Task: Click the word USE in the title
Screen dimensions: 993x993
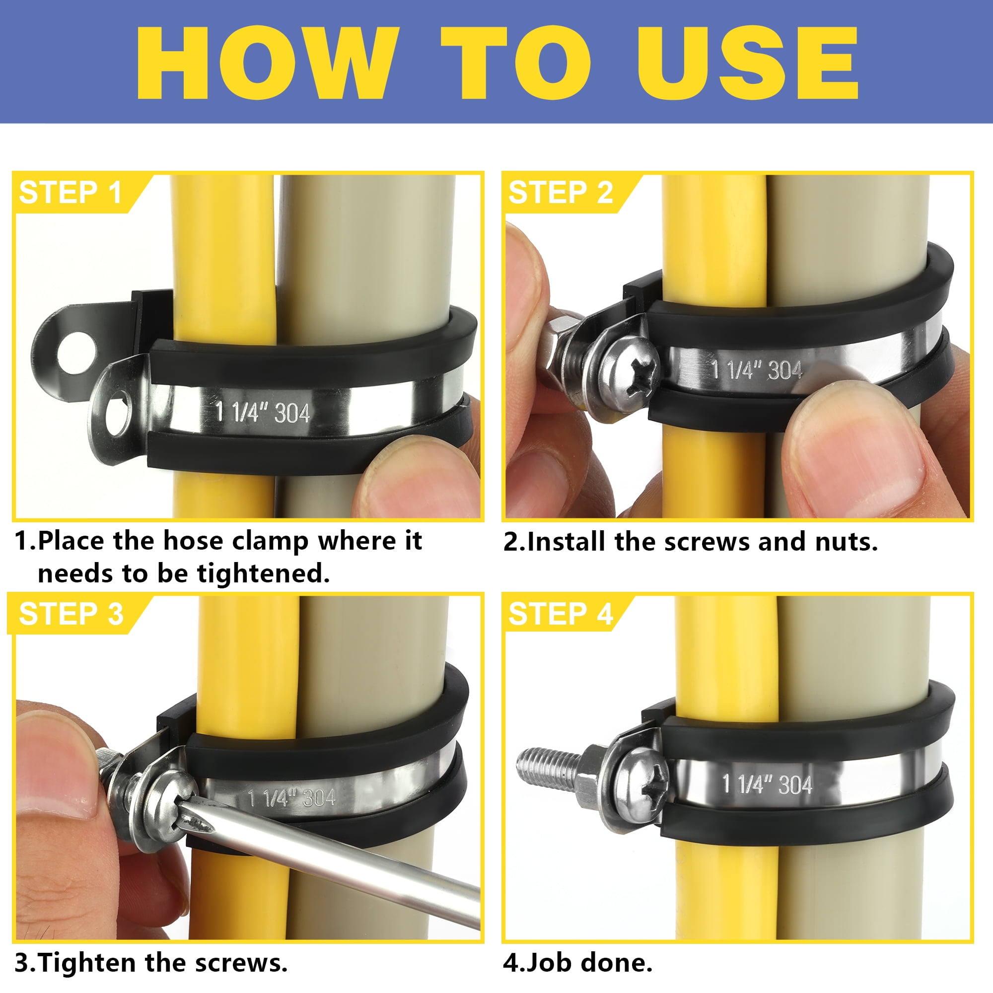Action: pyautogui.click(x=748, y=63)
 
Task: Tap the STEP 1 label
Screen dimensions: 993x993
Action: pyautogui.click(x=71, y=193)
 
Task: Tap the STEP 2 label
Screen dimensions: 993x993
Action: pyautogui.click(x=560, y=193)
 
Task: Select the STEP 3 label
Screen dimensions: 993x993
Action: pyautogui.click(x=71, y=614)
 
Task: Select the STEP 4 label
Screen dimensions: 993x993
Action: pyautogui.click(x=560, y=614)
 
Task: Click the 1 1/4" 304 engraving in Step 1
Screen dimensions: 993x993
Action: pyautogui.click(x=263, y=412)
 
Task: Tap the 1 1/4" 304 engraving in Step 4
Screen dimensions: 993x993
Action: pyautogui.click(x=767, y=784)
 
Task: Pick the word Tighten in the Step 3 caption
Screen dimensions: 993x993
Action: pyautogui.click(x=87, y=963)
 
